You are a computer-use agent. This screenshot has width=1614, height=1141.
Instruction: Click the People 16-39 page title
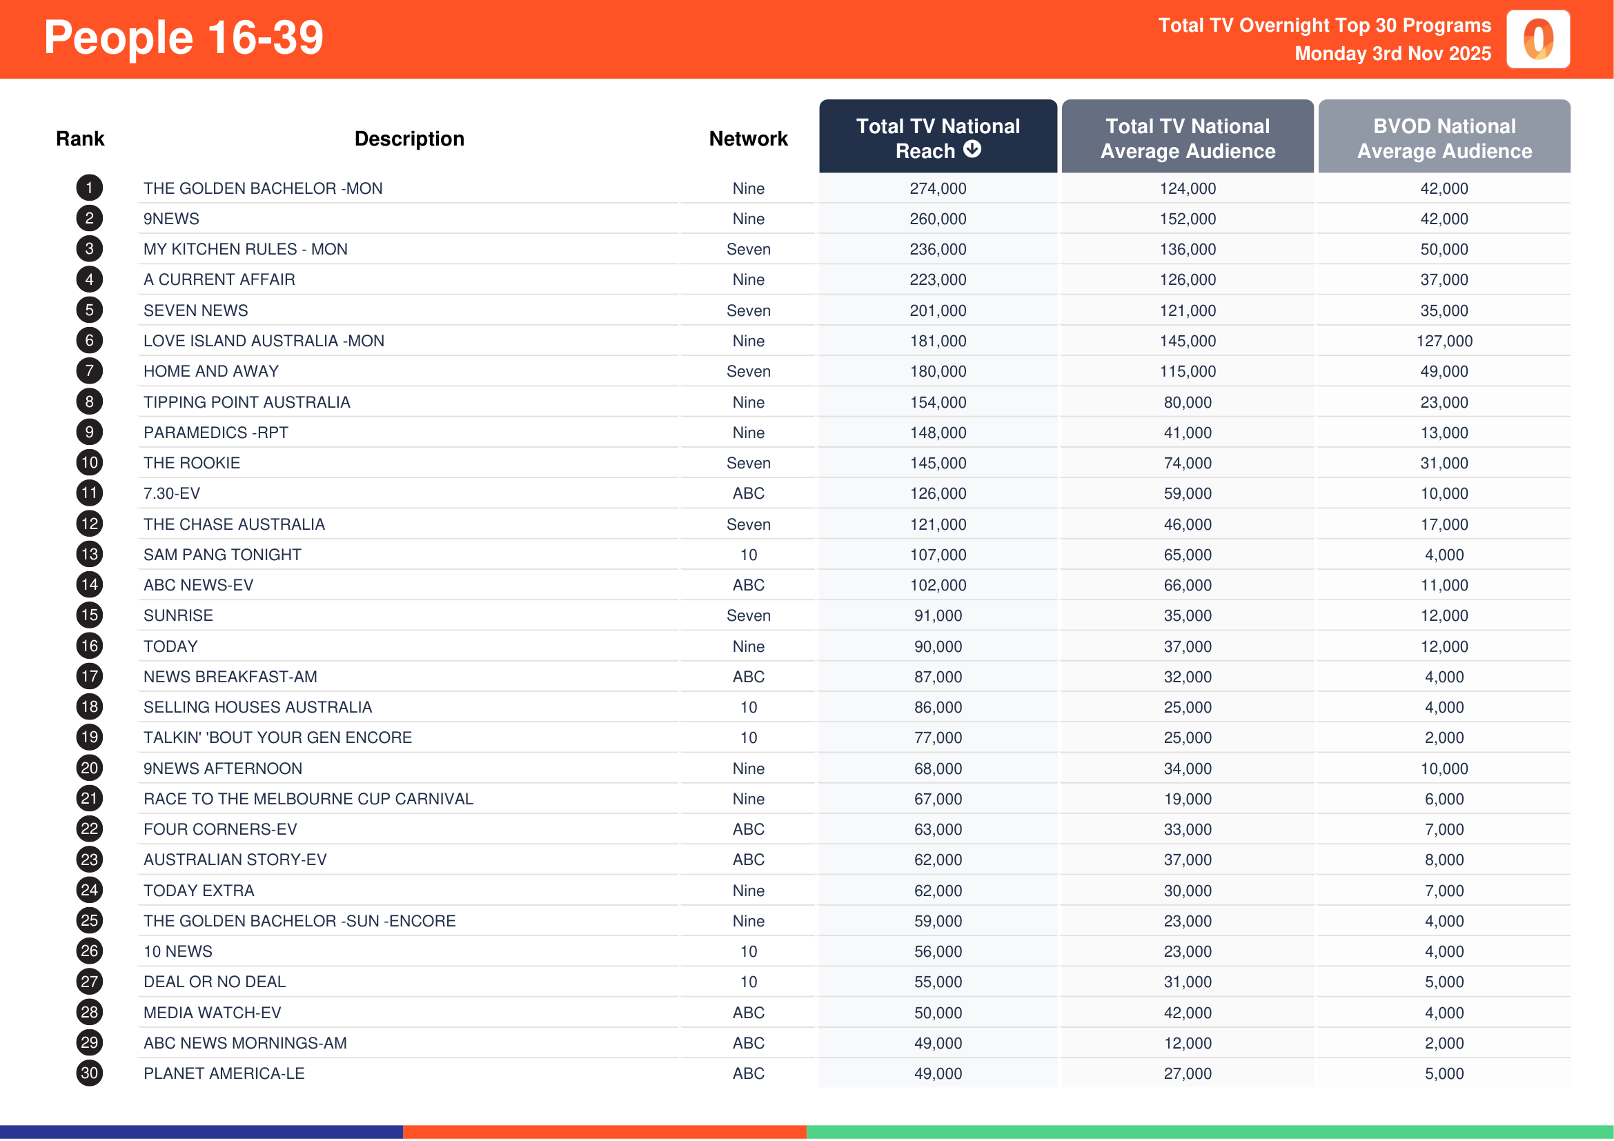[x=184, y=38]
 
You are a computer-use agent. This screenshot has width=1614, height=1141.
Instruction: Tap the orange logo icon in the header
[x=1537, y=39]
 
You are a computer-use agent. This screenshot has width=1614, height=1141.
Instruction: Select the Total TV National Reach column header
[x=937, y=138]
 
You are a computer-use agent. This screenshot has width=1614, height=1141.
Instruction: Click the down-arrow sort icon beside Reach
[x=972, y=150]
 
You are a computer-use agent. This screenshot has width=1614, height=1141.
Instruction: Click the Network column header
[x=748, y=139]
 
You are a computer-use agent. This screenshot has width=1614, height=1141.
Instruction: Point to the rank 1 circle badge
[x=89, y=188]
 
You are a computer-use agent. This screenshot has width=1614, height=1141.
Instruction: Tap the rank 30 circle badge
[x=89, y=1073]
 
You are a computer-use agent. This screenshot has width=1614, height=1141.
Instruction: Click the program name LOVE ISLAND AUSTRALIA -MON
[x=264, y=341]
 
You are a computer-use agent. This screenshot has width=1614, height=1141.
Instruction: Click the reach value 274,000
[x=937, y=188]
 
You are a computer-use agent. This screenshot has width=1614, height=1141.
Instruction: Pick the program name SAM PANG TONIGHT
[x=222, y=555]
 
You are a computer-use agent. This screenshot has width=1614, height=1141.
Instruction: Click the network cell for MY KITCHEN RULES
[x=748, y=250]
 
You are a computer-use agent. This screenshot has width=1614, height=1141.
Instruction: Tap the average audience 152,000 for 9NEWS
[x=1188, y=219]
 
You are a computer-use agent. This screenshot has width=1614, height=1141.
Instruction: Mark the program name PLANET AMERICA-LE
[x=224, y=1073]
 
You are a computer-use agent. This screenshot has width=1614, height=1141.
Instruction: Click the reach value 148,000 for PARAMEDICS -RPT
[x=937, y=433]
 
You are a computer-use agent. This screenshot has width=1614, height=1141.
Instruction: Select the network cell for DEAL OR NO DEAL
[x=748, y=982]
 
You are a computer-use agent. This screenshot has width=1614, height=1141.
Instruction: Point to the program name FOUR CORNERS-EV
[x=220, y=829]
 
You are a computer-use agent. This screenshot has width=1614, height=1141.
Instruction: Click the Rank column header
[x=80, y=139]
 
